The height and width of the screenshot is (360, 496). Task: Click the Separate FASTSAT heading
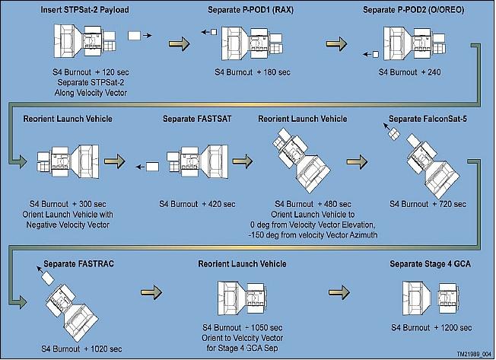tap(194, 119)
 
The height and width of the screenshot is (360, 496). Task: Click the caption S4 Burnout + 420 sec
tap(194, 205)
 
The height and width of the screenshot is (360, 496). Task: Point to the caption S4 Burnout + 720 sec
tap(424, 205)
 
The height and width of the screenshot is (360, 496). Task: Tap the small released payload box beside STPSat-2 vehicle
tap(134, 35)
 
